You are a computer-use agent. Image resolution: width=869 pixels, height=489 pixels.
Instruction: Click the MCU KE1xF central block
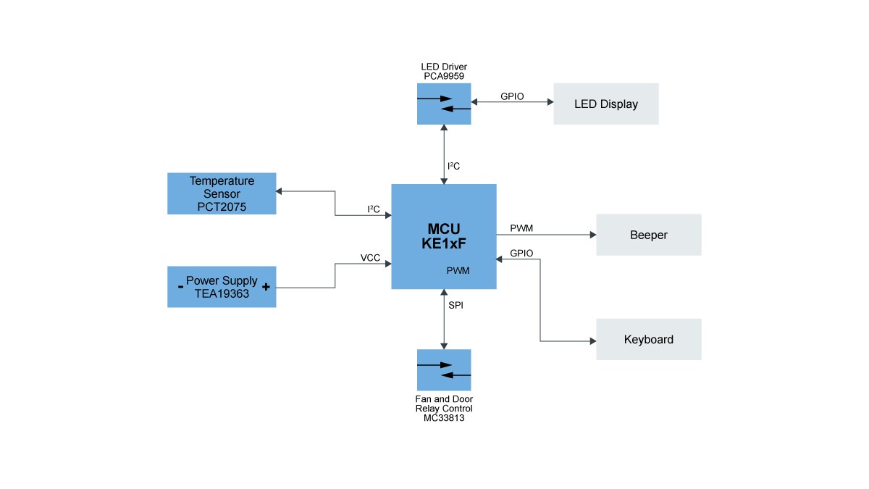coord(443,236)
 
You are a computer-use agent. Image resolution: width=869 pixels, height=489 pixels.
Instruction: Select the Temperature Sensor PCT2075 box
coord(222,193)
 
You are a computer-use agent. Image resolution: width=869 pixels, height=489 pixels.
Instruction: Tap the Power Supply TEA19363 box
coord(222,287)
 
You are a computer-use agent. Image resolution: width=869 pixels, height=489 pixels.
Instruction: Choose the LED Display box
coord(606,104)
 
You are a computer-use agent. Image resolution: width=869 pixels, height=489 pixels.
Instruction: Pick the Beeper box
coord(648,235)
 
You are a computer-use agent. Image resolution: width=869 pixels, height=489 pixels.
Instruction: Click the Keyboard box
coord(648,339)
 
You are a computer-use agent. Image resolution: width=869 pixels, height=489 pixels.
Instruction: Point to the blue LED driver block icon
coord(444,104)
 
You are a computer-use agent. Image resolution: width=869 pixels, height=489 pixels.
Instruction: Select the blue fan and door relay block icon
coord(444,370)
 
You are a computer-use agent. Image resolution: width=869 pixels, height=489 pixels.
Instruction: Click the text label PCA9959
coord(444,76)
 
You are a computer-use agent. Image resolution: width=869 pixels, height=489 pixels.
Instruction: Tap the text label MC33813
coord(444,418)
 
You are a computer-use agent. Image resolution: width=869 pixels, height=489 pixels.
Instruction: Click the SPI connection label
coord(456,306)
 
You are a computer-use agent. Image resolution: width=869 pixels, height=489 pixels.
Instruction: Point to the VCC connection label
coord(370,258)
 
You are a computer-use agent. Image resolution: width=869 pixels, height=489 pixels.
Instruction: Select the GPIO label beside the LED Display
coord(512,96)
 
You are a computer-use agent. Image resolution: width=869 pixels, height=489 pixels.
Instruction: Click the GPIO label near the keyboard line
coord(521,254)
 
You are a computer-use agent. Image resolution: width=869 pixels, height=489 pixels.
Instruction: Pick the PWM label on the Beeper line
coord(521,228)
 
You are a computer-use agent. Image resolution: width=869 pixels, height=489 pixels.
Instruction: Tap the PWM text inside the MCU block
coord(458,271)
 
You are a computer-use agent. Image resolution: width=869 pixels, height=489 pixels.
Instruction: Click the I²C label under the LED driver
coord(454,167)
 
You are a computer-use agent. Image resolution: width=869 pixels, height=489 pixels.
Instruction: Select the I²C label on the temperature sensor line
coord(374,209)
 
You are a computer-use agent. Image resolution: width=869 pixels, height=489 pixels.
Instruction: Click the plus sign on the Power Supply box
coord(266,287)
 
